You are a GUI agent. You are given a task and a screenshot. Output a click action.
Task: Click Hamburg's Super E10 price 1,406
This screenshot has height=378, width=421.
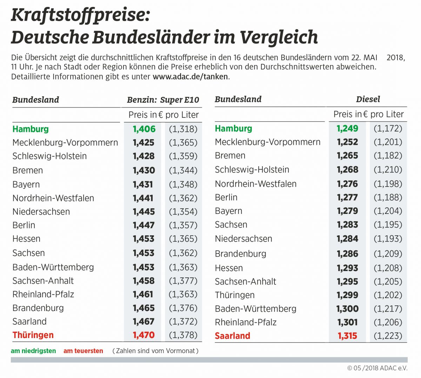(x=144, y=129)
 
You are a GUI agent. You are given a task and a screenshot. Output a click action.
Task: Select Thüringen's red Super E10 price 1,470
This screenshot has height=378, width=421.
(x=144, y=335)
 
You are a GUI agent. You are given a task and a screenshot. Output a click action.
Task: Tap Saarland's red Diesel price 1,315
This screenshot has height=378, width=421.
(x=347, y=336)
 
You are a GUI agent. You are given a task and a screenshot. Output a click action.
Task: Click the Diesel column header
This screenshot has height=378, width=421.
(x=368, y=99)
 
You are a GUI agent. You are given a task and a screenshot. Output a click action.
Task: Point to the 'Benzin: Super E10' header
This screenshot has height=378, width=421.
(x=163, y=100)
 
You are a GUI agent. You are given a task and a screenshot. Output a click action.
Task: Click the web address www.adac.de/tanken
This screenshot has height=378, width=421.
(x=190, y=76)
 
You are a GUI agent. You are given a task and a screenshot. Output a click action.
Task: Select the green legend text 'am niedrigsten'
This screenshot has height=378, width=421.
(x=33, y=351)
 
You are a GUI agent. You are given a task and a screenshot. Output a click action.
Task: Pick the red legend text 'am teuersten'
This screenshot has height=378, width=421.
(x=83, y=351)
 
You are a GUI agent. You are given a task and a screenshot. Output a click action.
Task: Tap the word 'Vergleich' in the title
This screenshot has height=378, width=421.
(x=279, y=37)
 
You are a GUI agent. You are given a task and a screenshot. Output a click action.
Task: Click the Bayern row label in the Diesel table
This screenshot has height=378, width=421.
(x=228, y=211)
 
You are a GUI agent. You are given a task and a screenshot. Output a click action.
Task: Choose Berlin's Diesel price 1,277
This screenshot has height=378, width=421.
(x=347, y=197)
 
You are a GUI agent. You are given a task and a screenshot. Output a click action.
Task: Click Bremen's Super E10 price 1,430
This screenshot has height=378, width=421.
(x=144, y=170)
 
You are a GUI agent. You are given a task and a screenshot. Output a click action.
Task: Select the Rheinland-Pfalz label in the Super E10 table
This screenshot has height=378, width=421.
(x=43, y=294)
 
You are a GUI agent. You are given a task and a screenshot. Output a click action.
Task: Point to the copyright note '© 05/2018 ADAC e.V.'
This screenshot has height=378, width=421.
(x=377, y=368)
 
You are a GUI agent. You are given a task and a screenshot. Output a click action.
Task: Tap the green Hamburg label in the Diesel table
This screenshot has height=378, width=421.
(x=233, y=129)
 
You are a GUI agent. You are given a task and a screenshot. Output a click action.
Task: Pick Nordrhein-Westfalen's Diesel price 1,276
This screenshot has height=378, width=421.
(x=347, y=184)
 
